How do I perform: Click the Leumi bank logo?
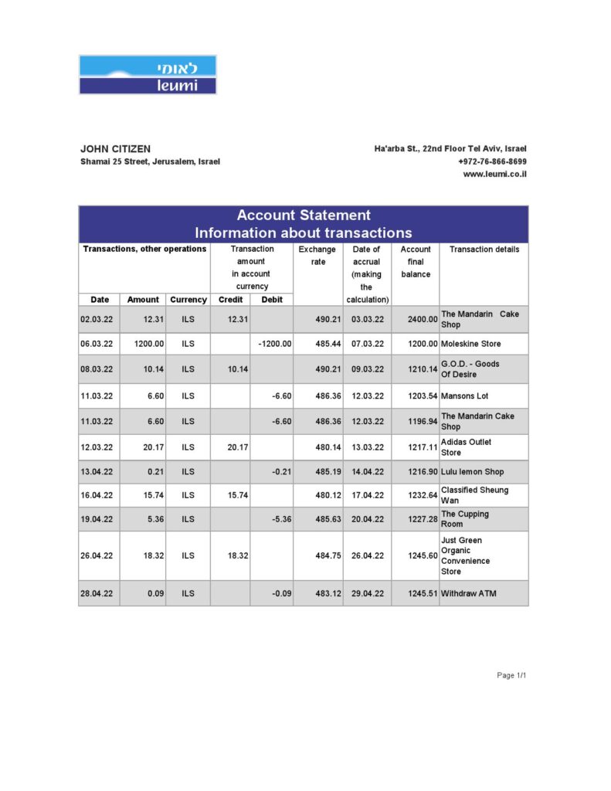[x=148, y=75]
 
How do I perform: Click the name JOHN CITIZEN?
[x=115, y=148]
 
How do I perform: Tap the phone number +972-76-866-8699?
[x=492, y=161]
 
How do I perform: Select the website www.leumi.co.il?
[x=494, y=175]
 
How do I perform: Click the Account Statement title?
[x=303, y=216]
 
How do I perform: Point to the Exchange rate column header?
[x=317, y=256]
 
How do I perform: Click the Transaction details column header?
[x=484, y=250]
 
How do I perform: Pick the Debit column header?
[x=271, y=300]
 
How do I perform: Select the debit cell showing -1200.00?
[x=274, y=344]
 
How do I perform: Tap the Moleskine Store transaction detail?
[x=471, y=344]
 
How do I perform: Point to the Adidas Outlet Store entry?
[x=466, y=447]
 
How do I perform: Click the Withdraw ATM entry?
[x=470, y=593]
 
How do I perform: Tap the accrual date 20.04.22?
[x=367, y=519]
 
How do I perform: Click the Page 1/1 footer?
[x=511, y=675]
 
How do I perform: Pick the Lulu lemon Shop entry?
[x=472, y=471]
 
